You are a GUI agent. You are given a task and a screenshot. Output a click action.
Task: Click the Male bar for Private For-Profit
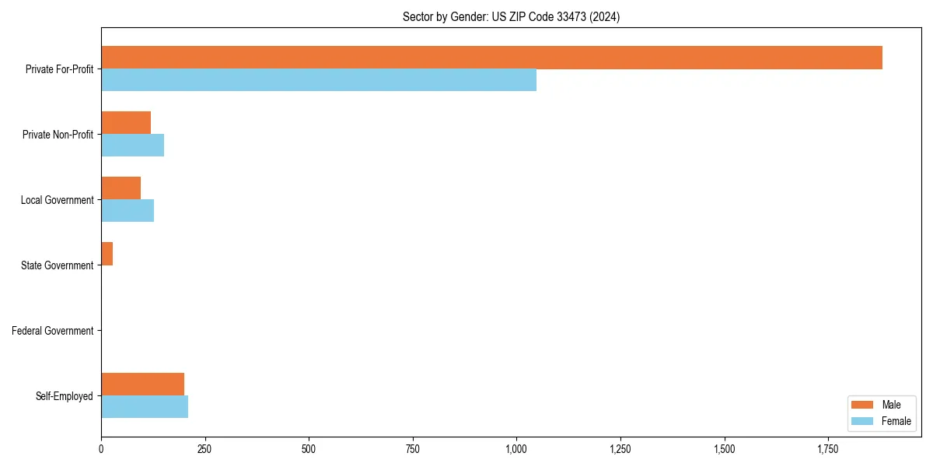click(x=491, y=58)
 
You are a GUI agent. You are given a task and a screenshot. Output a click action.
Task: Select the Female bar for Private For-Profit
click(x=319, y=80)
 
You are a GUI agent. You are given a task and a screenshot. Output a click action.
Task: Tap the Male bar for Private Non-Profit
click(x=126, y=123)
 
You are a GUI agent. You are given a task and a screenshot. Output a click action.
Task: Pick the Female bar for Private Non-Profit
click(x=132, y=146)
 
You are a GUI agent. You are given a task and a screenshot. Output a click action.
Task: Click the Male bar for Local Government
click(x=121, y=188)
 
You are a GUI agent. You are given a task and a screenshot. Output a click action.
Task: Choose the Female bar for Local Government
click(x=128, y=211)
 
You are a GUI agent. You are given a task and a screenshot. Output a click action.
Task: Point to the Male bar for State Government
click(x=107, y=254)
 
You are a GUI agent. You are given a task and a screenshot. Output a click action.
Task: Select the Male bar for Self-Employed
click(x=142, y=384)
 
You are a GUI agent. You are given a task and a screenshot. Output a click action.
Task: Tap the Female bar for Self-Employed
click(x=145, y=407)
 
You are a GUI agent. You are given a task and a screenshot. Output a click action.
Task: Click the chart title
click(x=511, y=16)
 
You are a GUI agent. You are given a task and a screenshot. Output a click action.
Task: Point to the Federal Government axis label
click(x=53, y=331)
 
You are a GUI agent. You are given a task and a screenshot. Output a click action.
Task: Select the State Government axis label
click(x=58, y=265)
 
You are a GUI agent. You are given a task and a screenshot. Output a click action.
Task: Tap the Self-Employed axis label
click(x=65, y=396)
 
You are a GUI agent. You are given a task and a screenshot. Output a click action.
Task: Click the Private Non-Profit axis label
click(x=58, y=135)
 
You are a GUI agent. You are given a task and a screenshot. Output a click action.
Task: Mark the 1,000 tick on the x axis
click(x=516, y=449)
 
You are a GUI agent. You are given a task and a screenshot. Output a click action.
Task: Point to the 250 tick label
click(x=204, y=449)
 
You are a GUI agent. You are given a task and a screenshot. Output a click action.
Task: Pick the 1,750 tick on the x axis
click(x=828, y=449)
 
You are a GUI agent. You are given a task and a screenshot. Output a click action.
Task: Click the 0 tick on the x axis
click(x=101, y=449)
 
